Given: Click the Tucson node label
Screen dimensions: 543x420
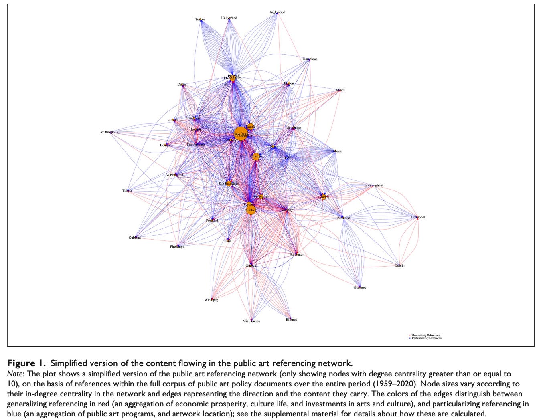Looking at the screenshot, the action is pos(200,20).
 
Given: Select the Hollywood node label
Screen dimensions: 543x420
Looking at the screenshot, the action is pos(229,18).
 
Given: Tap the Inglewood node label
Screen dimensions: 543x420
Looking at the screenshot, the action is pos(278,12).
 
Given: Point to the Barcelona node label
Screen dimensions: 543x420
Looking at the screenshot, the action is pos(310,59).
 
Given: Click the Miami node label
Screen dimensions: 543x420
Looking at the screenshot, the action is pos(340,90).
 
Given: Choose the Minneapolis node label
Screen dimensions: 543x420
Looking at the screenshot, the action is pos(109,132).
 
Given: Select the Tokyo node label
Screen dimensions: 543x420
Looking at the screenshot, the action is pos(127,190).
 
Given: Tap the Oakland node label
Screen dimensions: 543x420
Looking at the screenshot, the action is pos(135,238).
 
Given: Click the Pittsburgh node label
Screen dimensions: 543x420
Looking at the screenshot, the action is pos(177,246).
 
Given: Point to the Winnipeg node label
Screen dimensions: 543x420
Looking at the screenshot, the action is pos(211,300).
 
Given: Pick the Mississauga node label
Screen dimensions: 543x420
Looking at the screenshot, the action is pos(251,321).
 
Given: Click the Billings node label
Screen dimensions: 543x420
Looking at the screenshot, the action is pos(292,319).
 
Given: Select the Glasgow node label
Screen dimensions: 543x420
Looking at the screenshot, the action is pos(360,287).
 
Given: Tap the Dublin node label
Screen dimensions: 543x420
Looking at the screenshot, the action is pos(399,265).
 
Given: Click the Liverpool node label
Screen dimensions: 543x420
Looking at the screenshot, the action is pos(418,217).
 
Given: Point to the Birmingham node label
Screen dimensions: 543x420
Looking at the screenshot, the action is pos(374,186).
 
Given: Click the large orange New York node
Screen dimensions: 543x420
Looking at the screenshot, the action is pos(240,133).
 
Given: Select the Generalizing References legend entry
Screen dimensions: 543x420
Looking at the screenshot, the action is pos(425,335).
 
